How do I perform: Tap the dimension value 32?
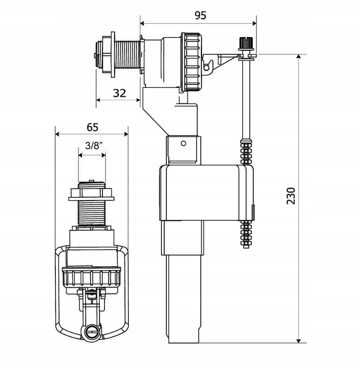coord(120,92)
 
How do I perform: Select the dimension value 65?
coord(93,127)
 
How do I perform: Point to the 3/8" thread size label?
coord(93,145)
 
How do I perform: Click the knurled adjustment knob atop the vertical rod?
coord(244,43)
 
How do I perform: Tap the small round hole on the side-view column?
coord(183,143)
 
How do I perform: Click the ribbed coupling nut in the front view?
coord(92,277)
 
